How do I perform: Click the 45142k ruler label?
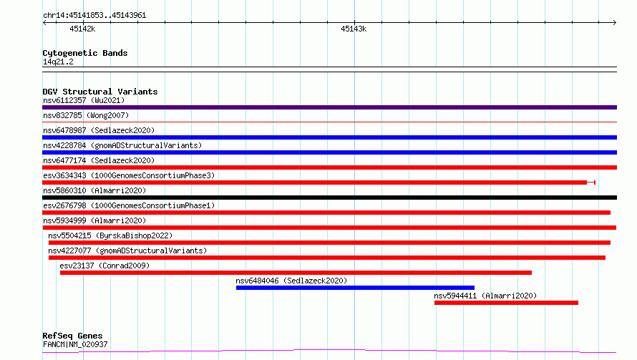(x=82, y=29)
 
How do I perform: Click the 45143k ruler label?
(x=354, y=29)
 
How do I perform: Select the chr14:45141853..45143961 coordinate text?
(x=94, y=16)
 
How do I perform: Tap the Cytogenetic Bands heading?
(x=85, y=53)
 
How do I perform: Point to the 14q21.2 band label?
(x=58, y=62)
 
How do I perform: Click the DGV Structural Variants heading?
(x=100, y=92)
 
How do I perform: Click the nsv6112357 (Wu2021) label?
(x=84, y=100)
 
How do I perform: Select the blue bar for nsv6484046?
(x=355, y=288)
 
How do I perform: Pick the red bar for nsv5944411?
(x=506, y=303)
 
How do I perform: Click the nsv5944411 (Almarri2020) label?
(x=485, y=296)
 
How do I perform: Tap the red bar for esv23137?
(x=296, y=273)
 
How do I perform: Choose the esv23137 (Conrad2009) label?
(x=104, y=266)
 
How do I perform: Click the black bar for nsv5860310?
(x=329, y=198)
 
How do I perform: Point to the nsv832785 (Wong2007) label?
(x=86, y=115)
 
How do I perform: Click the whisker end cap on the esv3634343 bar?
(x=595, y=183)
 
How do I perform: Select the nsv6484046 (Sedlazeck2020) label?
(x=291, y=281)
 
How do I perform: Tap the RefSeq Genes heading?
(x=72, y=336)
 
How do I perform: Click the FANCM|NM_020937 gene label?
(x=75, y=344)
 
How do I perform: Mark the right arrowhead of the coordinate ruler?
(x=615, y=23)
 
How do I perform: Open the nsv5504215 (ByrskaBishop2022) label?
(x=110, y=235)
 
